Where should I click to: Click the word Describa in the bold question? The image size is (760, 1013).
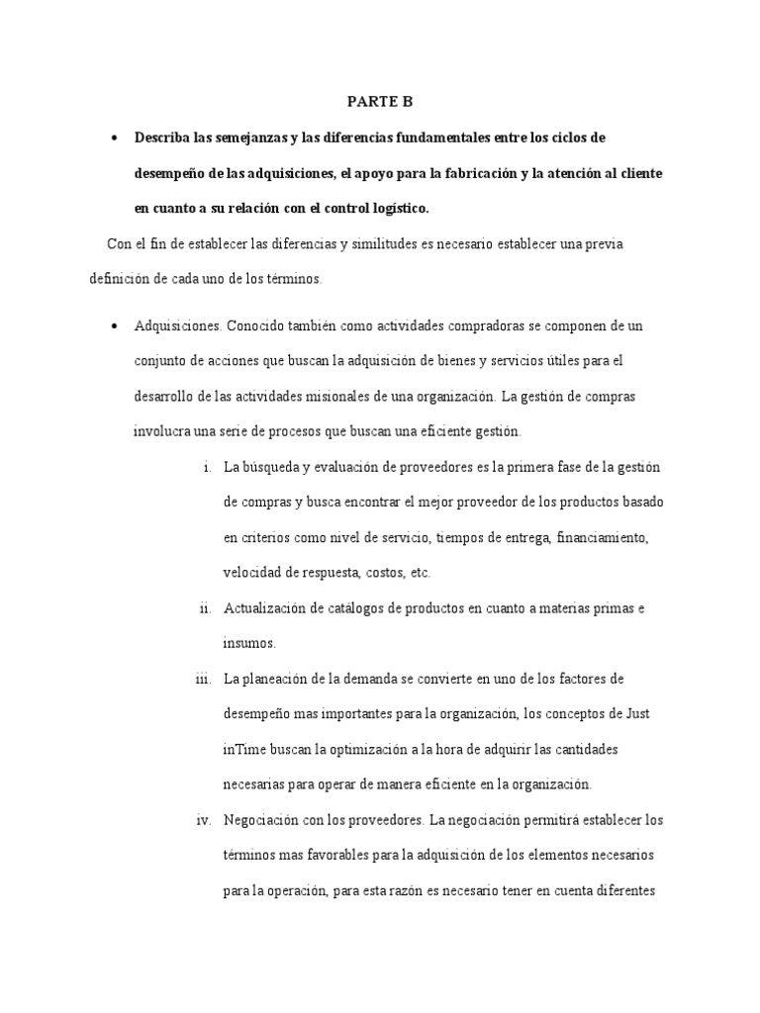(x=163, y=137)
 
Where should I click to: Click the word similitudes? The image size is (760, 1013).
(x=363, y=244)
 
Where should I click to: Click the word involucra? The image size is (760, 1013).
(x=161, y=431)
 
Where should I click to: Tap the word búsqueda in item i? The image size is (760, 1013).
(x=276, y=466)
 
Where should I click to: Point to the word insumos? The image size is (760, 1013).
(x=248, y=643)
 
